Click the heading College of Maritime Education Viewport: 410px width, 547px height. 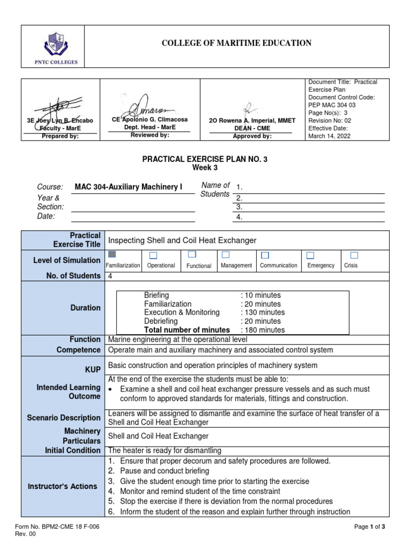click(236, 43)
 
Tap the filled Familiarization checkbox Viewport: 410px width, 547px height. click(112, 254)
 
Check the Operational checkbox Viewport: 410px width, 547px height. click(153, 255)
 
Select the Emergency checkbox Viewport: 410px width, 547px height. click(310, 255)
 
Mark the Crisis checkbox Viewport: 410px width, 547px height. click(353, 255)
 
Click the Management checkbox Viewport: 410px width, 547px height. click(226, 254)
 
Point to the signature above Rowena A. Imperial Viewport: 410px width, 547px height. click(247, 110)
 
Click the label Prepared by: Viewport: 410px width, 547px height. click(60, 136)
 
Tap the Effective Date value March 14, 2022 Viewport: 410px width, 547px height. click(326, 136)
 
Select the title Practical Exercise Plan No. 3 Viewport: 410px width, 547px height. click(204, 159)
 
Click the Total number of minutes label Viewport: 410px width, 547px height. click(187, 330)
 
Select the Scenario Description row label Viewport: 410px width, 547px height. click(64, 418)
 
